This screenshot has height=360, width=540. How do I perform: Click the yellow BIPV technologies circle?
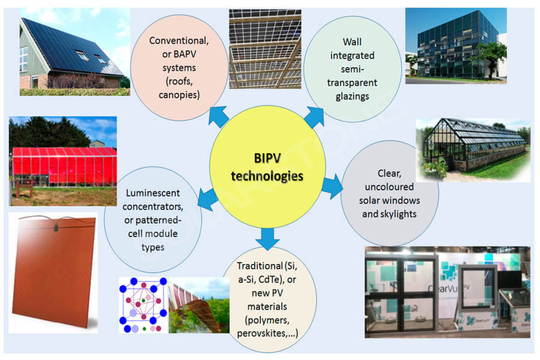pos(267,167)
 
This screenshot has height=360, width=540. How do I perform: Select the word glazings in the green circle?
pos(352,97)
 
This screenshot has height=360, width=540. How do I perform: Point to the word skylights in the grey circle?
pos(398,214)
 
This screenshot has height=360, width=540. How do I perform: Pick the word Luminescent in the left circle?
pos(153,193)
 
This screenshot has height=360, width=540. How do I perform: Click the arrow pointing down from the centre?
pos(268,239)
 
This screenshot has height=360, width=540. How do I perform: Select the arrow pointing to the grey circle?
pos(332,187)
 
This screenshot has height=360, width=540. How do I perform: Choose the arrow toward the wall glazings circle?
pos(314,117)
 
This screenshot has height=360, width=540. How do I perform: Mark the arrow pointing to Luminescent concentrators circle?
pos(208,199)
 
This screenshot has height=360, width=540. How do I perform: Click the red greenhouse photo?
pos(63,161)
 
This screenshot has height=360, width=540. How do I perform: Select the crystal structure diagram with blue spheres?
pos(143,305)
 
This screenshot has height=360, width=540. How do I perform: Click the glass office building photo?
pos(456,46)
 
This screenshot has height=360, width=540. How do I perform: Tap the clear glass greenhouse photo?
pos(473,150)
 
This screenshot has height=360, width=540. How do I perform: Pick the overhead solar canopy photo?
pos(265,49)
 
